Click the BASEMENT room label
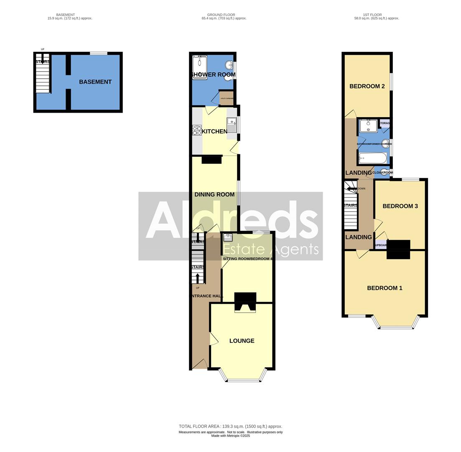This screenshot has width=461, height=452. point(95,82)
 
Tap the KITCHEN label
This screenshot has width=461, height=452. point(214,131)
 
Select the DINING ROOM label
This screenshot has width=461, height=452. point(214,195)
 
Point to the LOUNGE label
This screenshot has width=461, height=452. point(242,341)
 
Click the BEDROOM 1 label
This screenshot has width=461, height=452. point(385,288)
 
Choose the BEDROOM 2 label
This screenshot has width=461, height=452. point(367,86)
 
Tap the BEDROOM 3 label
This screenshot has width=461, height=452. point(400,206)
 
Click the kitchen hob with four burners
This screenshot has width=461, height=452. point(197,130)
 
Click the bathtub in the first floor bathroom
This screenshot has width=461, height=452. point(373,158)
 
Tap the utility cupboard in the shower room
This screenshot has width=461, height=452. point(227,98)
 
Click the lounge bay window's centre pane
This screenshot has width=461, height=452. point(243,380)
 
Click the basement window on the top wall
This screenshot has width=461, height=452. point(99,53)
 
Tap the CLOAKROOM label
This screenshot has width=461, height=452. point(382,172)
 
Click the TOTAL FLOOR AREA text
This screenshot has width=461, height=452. point(230,426)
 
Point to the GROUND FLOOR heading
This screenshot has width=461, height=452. point(224,15)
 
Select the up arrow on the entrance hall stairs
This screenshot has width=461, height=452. point(198,278)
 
